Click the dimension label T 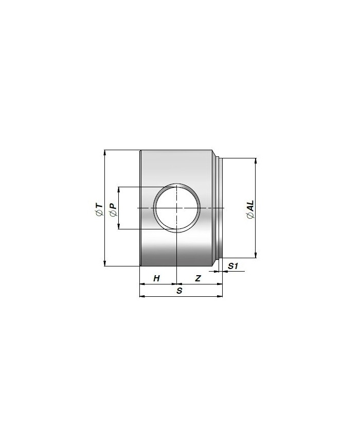click(99, 206)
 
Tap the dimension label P click(113, 206)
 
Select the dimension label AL click(250, 205)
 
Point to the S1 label click(233, 266)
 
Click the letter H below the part click(156, 278)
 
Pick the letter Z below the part click(198, 278)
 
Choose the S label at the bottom click(179, 291)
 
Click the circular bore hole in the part click(177, 208)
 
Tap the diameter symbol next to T click(99, 213)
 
